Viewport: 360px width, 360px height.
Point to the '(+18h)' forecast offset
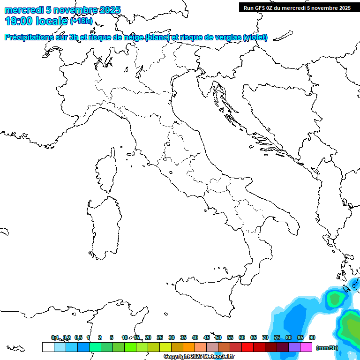[81, 21]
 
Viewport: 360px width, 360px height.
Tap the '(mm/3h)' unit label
[327, 348]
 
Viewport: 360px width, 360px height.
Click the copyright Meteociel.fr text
[199, 356]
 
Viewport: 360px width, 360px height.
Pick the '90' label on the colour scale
[312, 337]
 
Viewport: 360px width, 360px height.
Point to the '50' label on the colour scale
[218, 337]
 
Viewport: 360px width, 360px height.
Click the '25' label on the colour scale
[160, 337]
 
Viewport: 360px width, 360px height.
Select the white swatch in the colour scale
[48, 347]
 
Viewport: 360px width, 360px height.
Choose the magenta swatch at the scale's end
[306, 347]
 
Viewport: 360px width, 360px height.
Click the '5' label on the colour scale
[112, 337]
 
